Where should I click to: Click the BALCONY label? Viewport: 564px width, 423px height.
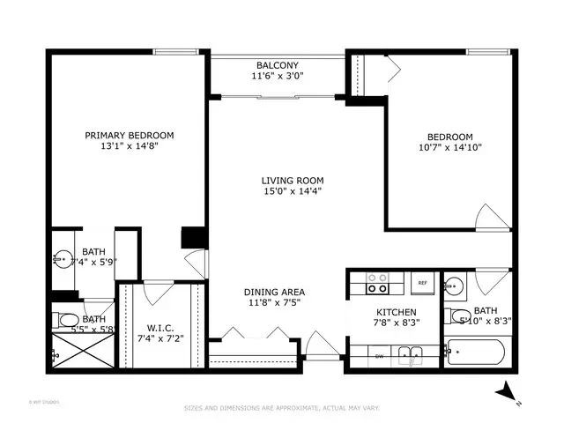pyautogui.click(x=278, y=65)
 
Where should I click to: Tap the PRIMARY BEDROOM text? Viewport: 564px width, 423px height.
pyautogui.click(x=129, y=135)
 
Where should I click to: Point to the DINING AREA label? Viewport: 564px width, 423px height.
pyautogui.click(x=275, y=292)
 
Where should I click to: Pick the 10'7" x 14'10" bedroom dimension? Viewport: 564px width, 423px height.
pyautogui.click(x=450, y=148)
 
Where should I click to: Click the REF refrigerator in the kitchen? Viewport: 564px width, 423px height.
pyautogui.click(x=422, y=283)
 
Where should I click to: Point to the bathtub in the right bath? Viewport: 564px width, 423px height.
pyautogui.click(x=476, y=353)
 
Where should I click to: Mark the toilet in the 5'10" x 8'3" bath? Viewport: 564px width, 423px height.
pyautogui.click(x=456, y=316)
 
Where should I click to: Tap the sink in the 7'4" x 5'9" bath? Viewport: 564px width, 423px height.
pyautogui.click(x=63, y=259)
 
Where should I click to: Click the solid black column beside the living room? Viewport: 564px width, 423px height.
pyautogui.click(x=193, y=237)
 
